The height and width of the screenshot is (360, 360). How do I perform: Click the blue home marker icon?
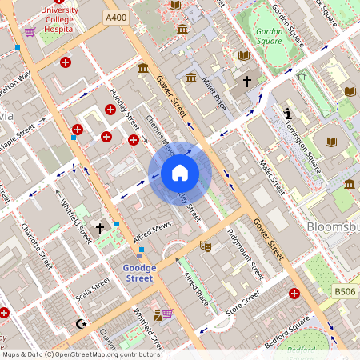tap(180, 173)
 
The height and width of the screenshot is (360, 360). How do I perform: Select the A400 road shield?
tap(115, 15)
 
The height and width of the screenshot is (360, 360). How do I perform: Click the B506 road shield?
tap(344, 292)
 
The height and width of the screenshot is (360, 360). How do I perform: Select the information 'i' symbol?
tap(287, 114)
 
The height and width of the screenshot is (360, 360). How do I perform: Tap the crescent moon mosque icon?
tap(79, 324)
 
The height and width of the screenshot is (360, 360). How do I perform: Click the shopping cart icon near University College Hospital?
tap(30, 31)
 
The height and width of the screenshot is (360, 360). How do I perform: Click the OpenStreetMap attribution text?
tap(80, 354)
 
